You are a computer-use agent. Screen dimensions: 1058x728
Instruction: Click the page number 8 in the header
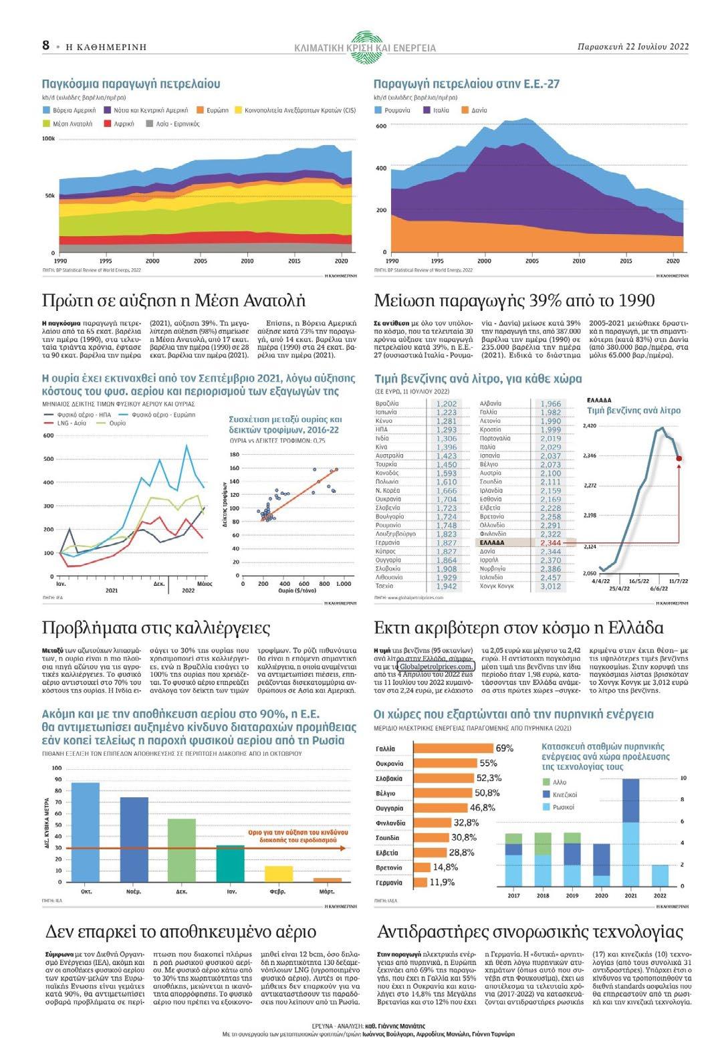[45, 45]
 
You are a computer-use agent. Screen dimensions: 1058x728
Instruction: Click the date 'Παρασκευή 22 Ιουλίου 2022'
[632, 47]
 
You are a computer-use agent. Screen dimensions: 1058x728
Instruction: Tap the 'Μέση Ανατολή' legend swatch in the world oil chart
[47, 124]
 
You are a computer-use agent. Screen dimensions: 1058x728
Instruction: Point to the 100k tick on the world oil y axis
[48, 138]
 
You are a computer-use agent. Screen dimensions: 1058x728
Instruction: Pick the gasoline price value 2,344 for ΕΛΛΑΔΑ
[550, 543]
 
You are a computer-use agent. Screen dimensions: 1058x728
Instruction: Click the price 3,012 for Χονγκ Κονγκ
[550, 586]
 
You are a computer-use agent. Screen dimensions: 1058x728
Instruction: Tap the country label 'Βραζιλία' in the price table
[387, 404]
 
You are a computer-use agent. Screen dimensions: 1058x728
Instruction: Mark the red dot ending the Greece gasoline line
[679, 458]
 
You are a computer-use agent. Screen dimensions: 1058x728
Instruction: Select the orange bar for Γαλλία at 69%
[453, 748]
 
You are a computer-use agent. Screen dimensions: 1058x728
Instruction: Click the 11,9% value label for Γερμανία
[442, 882]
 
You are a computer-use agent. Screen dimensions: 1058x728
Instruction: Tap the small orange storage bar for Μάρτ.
[327, 880]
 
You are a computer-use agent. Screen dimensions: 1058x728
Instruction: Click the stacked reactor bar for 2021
[630, 831]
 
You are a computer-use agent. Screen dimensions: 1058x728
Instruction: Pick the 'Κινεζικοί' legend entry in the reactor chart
[564, 795]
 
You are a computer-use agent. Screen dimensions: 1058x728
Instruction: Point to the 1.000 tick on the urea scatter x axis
[343, 584]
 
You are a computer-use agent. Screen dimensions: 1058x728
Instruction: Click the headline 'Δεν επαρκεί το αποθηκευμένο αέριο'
[180, 932]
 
